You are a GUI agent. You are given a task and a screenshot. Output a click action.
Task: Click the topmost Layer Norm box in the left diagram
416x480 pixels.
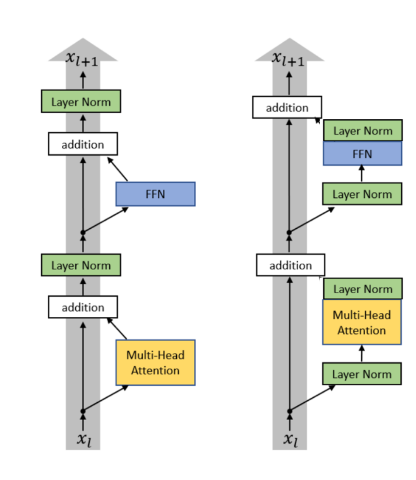(x=81, y=101)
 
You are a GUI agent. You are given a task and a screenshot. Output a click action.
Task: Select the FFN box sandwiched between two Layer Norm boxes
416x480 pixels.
(x=363, y=153)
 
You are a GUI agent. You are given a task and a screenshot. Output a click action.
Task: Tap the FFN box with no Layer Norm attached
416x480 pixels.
(x=155, y=194)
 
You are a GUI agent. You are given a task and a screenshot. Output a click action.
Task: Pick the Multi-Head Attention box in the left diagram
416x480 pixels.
(x=155, y=362)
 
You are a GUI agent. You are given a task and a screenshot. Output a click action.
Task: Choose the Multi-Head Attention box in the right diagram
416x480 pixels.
(x=362, y=322)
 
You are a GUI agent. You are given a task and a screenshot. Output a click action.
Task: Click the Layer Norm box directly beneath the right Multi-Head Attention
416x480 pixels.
(x=362, y=374)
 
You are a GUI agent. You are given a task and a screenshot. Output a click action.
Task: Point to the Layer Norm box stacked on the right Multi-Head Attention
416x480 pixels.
(x=363, y=289)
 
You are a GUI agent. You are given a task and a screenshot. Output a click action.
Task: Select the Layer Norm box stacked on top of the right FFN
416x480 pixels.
(x=363, y=130)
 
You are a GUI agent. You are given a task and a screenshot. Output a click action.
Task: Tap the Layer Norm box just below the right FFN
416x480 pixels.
(x=362, y=194)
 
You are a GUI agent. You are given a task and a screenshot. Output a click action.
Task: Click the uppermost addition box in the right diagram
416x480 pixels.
(x=287, y=107)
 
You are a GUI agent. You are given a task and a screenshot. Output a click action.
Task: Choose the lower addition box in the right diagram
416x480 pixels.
(x=290, y=265)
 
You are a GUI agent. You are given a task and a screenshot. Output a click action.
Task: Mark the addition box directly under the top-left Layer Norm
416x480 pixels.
(x=83, y=144)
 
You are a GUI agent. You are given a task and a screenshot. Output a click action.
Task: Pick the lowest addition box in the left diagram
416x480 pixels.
(x=83, y=307)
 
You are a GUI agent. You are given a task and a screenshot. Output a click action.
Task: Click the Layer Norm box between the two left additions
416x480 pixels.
(x=81, y=265)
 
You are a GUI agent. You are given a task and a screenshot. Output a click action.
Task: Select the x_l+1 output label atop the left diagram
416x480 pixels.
(x=82, y=59)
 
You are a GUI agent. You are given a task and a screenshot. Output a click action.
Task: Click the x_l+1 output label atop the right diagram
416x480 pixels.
(x=288, y=59)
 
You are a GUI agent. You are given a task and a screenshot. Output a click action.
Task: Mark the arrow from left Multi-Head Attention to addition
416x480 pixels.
(x=117, y=329)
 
